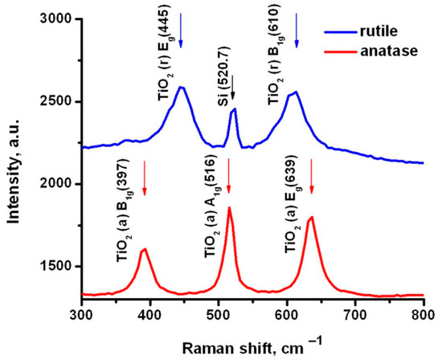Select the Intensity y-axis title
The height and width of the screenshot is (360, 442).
[x=14, y=157]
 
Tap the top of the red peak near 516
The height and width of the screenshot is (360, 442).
[x=229, y=208]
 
